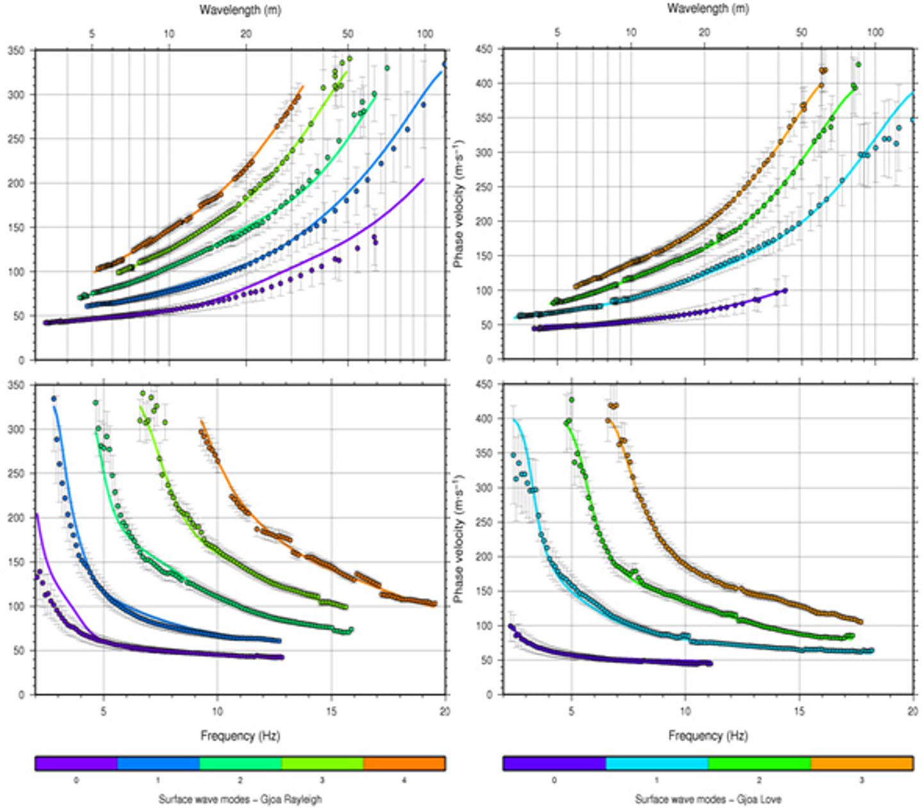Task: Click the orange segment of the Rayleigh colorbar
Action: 404,763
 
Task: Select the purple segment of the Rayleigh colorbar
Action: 76,763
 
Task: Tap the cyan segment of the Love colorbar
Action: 657,763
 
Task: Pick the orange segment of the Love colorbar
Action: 862,763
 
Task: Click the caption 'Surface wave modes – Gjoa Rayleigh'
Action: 240,799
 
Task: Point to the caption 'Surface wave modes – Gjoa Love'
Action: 708,799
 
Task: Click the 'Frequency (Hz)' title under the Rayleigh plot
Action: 240,736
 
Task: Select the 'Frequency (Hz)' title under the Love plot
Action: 708,736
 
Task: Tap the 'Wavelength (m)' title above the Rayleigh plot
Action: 240,10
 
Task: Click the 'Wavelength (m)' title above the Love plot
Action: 708,9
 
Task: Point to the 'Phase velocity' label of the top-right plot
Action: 458,204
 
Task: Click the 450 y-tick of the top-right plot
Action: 484,50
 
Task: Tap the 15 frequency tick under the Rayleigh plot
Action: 331,711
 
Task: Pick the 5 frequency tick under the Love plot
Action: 571,711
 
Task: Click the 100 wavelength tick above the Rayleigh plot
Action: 425,34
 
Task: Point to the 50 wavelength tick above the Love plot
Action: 802,33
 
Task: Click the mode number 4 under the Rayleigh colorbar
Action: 404,780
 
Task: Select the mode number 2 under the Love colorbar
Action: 759,780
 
